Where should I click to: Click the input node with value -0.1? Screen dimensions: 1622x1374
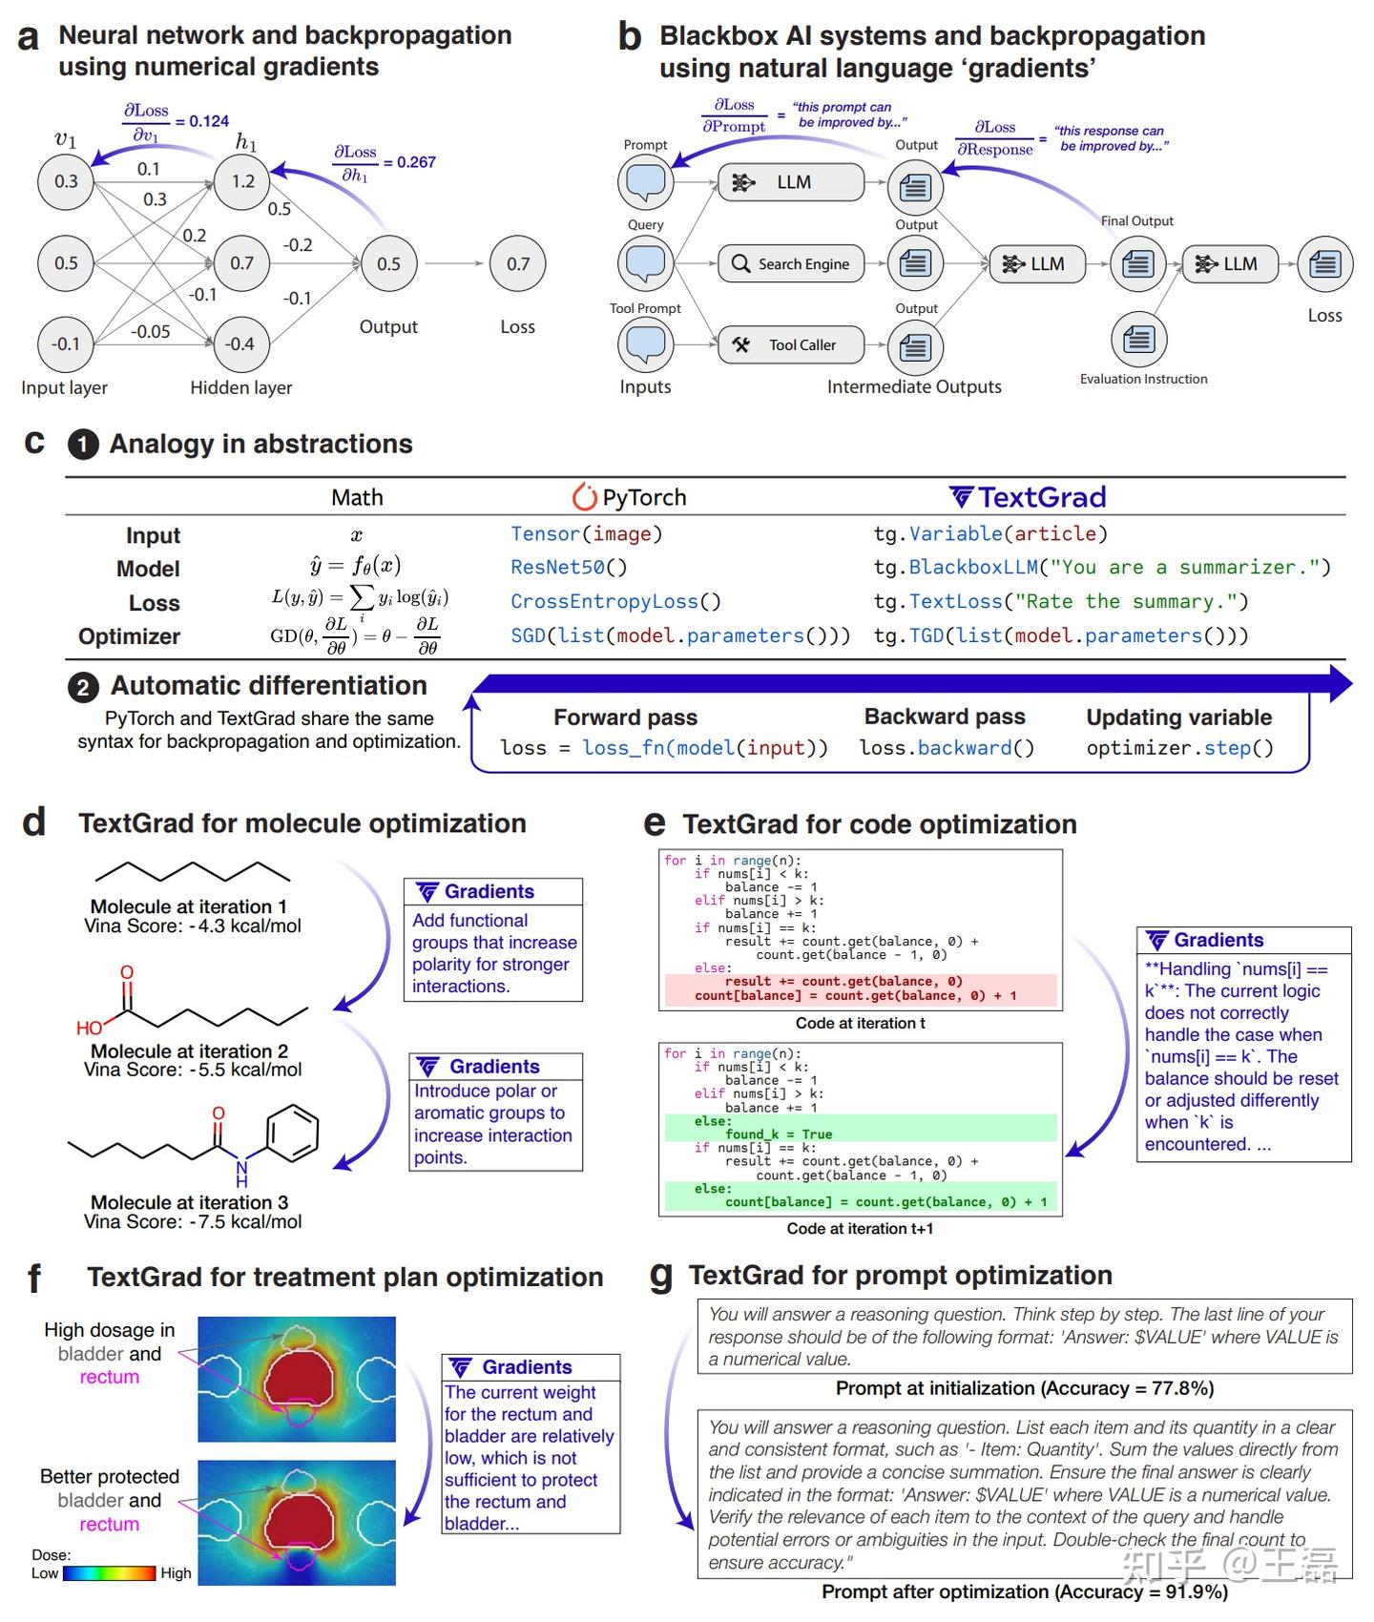[x=66, y=343]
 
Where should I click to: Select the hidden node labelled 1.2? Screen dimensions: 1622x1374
[x=242, y=181]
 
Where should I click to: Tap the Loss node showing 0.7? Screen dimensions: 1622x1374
[x=517, y=264]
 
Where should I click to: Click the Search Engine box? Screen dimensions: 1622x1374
[x=791, y=264]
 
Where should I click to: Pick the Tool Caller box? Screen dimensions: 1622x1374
[x=791, y=345]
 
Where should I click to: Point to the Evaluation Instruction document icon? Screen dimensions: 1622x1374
[x=1138, y=340]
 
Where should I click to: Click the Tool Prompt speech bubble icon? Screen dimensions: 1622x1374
[x=646, y=344]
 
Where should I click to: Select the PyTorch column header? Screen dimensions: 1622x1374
[x=630, y=497]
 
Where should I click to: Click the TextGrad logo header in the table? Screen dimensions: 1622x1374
[x=1029, y=497]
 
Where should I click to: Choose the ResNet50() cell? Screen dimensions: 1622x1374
[x=569, y=568]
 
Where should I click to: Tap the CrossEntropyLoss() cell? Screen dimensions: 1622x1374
[x=615, y=602]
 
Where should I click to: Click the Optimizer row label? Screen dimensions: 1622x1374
[x=129, y=636]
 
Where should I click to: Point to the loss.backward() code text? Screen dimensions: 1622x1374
[x=947, y=748]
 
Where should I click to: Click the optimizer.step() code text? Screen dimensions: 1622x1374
[x=1179, y=748]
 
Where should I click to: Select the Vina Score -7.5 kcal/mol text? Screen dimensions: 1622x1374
[x=193, y=1222]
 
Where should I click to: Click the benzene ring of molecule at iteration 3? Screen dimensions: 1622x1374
[x=291, y=1133]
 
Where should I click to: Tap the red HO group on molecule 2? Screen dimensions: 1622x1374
[x=89, y=1028]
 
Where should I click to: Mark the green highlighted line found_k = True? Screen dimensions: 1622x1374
[x=778, y=1134]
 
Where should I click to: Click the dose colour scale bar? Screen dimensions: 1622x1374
[x=109, y=1573]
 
